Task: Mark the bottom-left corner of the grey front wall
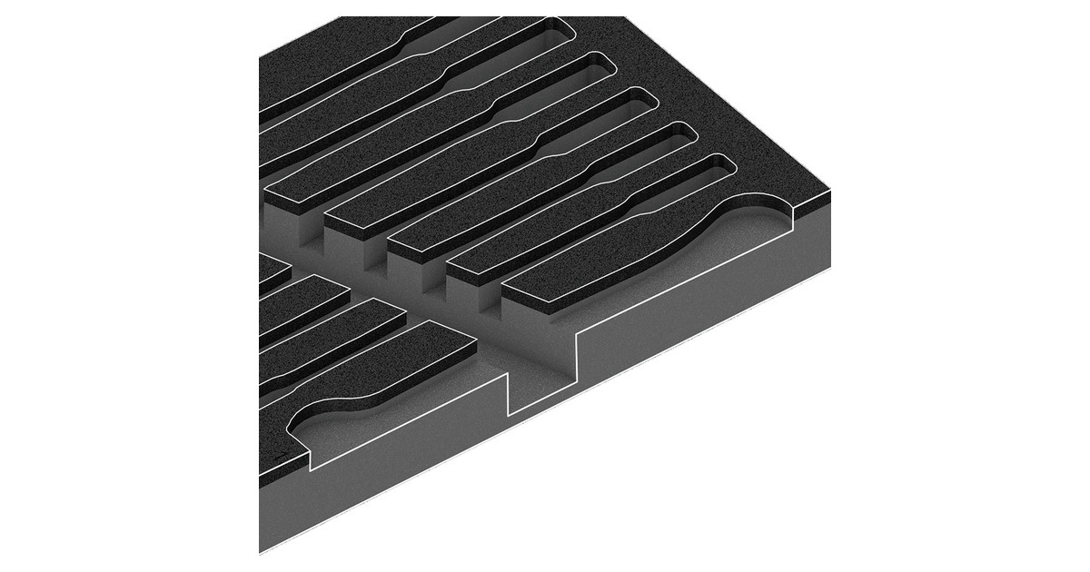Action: [x=261, y=551]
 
